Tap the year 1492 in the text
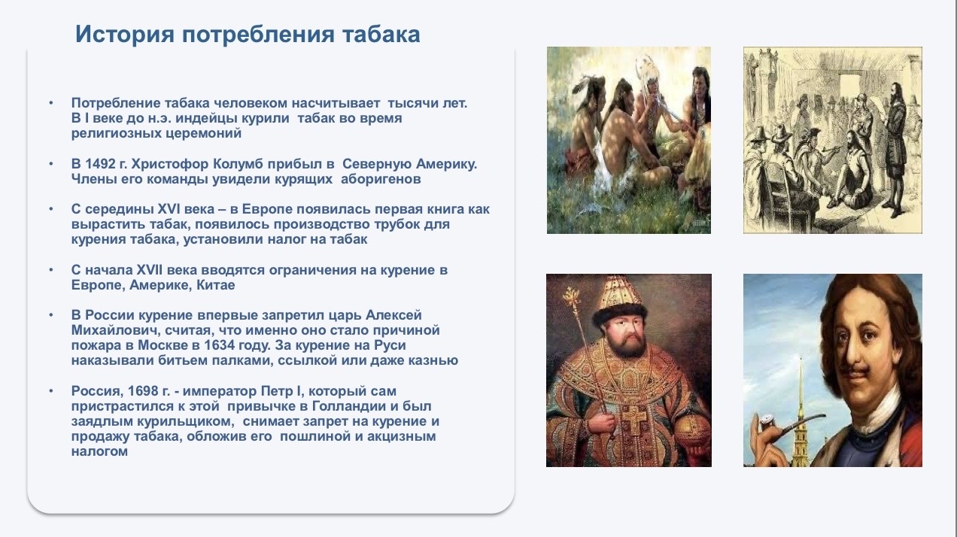102,164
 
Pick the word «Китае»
216,285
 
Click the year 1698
144,391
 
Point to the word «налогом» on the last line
99,451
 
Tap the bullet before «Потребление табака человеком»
51,103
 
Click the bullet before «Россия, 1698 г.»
51,391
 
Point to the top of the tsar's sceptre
571,296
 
